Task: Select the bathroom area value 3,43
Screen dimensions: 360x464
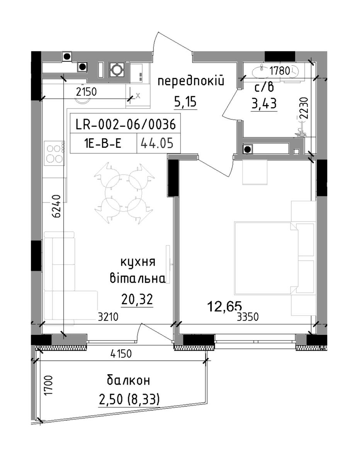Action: pos(264,103)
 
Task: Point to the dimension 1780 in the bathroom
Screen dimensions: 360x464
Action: pos(279,71)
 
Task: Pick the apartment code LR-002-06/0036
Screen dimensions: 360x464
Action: pos(126,124)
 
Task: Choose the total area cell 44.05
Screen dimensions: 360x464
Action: pos(157,143)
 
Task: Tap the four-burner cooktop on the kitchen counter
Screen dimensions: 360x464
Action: pos(55,153)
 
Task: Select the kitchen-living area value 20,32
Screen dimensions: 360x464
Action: pos(137,299)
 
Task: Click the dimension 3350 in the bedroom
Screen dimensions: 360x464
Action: pos(248,317)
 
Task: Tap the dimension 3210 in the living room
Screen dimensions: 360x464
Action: pos(108,317)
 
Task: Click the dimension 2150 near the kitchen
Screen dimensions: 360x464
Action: pos(87,92)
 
